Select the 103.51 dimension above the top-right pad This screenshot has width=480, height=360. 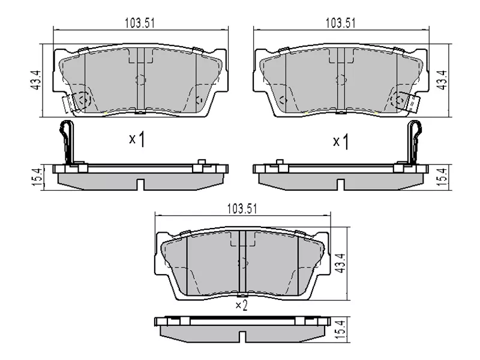pyautogui.click(x=340, y=23)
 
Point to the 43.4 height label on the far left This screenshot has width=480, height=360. pyautogui.click(x=35, y=80)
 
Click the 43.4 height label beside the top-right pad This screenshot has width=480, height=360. pyautogui.click(x=443, y=80)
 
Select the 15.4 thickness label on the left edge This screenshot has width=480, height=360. pyautogui.click(x=35, y=177)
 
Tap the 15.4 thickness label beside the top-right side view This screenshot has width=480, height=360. pyautogui.click(x=443, y=177)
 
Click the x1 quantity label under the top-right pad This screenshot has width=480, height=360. pyautogui.click(x=341, y=141)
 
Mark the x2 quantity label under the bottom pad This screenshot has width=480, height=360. pyautogui.click(x=241, y=306)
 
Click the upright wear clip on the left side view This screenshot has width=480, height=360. pyautogui.click(x=67, y=142)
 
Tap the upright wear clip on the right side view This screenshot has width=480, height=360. pyautogui.click(x=414, y=142)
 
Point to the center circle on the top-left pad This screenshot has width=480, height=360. pyautogui.click(x=141, y=79)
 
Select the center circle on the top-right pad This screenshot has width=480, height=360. pyautogui.click(x=341, y=79)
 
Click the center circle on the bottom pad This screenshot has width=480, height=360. pyautogui.click(x=243, y=262)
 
